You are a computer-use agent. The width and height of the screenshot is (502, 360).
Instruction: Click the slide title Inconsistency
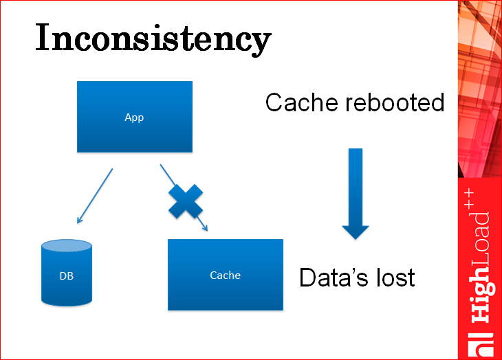tap(153, 38)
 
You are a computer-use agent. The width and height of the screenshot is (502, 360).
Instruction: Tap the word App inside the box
tap(134, 117)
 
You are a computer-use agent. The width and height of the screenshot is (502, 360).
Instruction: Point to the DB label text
tap(67, 277)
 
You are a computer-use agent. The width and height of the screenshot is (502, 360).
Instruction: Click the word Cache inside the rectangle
tap(226, 275)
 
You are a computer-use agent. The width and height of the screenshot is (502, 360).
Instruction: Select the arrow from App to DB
tap(95, 196)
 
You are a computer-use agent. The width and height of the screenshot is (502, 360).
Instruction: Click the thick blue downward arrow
tap(356, 193)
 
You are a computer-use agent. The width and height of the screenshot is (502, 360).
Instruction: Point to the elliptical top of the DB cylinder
tap(67, 247)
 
